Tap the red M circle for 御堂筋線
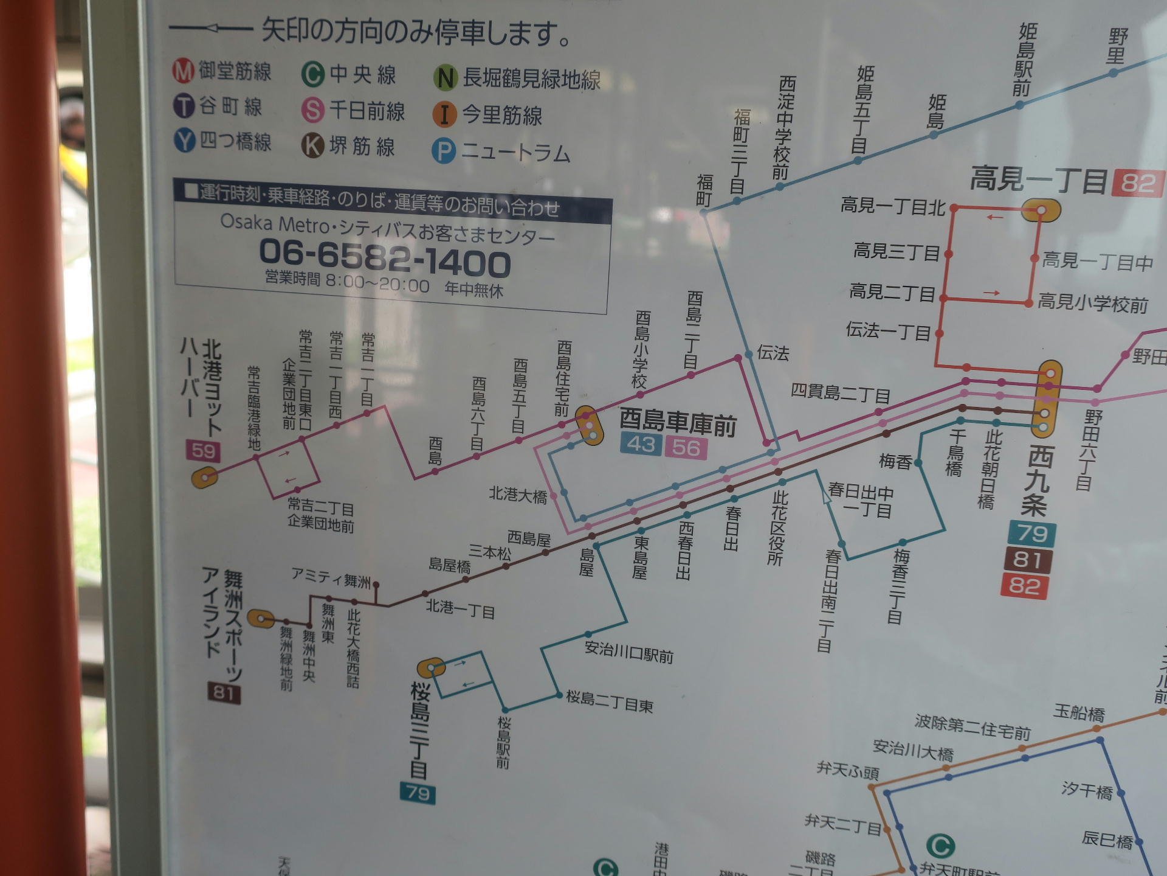pos(183,71)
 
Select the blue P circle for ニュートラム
pos(443,151)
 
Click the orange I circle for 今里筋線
pos(444,114)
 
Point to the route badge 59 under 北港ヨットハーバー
pos(203,451)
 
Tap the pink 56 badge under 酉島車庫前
pos(686,448)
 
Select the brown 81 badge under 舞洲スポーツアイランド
pos(224,692)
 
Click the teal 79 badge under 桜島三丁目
pos(418,792)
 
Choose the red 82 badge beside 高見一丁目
pos(1137,182)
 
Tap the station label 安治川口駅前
pos(629,652)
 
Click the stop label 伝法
pos(773,353)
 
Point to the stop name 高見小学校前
pos(1093,303)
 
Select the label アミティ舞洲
pos(331,577)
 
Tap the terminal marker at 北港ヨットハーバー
pos(205,478)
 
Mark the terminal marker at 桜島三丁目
pos(432,668)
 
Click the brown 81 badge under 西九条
pos(1027,560)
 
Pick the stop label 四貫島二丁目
pos(840,393)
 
